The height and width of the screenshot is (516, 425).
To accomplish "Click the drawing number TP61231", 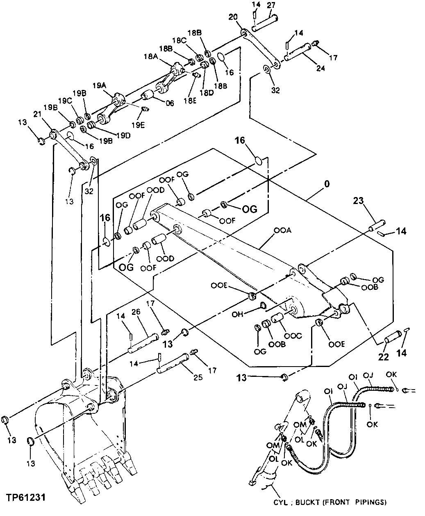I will tap(25, 497).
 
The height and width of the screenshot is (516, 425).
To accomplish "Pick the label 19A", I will tap(99, 85).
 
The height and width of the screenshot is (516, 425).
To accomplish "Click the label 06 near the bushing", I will tap(169, 103).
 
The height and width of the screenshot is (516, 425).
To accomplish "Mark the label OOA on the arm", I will tap(283, 231).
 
